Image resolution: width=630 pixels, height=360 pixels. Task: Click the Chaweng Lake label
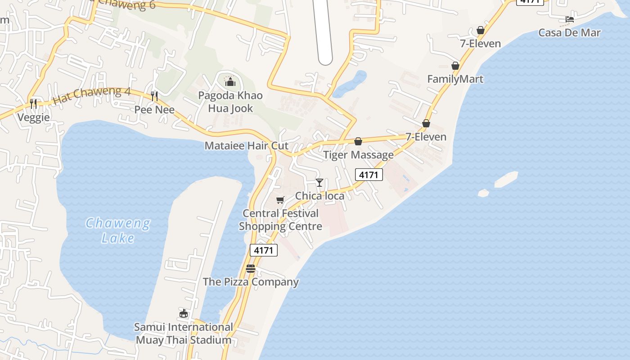pyautogui.click(x=118, y=230)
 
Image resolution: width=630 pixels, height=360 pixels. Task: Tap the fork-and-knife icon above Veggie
pyautogui.click(x=33, y=104)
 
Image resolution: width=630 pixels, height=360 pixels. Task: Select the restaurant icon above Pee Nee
pyautogui.click(x=154, y=96)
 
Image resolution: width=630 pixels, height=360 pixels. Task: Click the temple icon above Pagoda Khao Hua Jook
pyautogui.click(x=230, y=81)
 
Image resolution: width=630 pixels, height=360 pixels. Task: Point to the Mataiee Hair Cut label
pyautogui.click(x=247, y=146)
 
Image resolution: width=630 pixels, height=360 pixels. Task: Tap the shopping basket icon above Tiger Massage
pyautogui.click(x=358, y=141)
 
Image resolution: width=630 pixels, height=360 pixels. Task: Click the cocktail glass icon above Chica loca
pyautogui.click(x=319, y=182)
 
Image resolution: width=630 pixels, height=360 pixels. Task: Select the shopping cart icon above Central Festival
pyautogui.click(x=280, y=200)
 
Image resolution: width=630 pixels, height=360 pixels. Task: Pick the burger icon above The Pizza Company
pyautogui.click(x=251, y=269)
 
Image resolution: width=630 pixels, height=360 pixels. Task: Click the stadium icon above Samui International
pyautogui.click(x=184, y=313)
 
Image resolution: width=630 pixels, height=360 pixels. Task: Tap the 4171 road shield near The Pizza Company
pyautogui.click(x=263, y=250)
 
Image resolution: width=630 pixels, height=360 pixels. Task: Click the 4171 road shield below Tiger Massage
pyautogui.click(x=369, y=175)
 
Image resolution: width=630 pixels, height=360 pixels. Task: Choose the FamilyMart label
pyautogui.click(x=455, y=79)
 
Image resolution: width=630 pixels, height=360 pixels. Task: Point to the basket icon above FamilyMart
pyautogui.click(x=455, y=66)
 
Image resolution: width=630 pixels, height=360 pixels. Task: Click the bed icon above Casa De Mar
pyautogui.click(x=570, y=19)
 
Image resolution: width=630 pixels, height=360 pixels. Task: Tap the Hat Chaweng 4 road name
pyautogui.click(x=92, y=95)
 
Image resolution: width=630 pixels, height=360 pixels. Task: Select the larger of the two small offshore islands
pyautogui.click(x=506, y=179)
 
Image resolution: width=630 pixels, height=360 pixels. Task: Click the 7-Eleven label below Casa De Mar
pyautogui.click(x=480, y=44)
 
